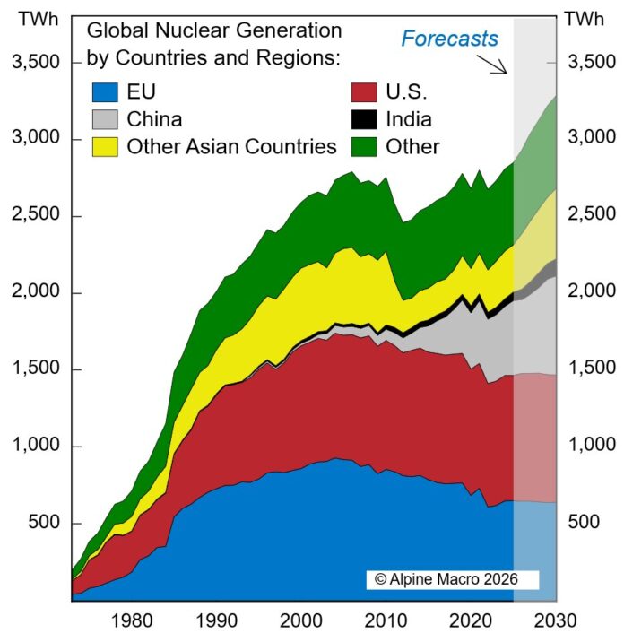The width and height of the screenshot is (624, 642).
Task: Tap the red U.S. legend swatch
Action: click(363, 91)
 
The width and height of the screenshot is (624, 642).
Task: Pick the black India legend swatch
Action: click(363, 119)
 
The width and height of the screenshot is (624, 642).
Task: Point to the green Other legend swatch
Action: click(363, 146)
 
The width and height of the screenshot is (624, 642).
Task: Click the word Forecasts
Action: click(449, 39)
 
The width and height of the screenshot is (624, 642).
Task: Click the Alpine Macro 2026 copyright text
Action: click(453, 579)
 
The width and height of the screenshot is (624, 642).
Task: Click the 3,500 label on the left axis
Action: click(33, 63)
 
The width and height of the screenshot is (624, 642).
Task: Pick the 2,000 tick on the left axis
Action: click(33, 293)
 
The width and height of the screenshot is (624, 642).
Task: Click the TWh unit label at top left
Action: click(33, 19)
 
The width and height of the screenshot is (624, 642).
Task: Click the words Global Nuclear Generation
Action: click(214, 30)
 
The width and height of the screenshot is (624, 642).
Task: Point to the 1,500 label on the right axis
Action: click(594, 369)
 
